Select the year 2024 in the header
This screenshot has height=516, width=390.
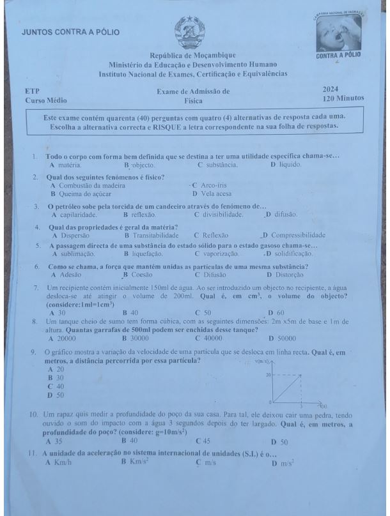click(331, 91)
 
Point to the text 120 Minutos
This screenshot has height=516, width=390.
click(343, 100)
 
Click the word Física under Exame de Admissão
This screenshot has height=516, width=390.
click(193, 101)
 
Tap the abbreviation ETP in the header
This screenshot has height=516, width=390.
click(31, 91)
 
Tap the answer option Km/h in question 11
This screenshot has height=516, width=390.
click(63, 462)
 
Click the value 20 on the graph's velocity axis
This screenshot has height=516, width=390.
click(270, 375)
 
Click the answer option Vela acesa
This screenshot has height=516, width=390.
click(216, 193)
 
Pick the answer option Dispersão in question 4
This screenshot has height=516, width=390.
click(77, 235)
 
